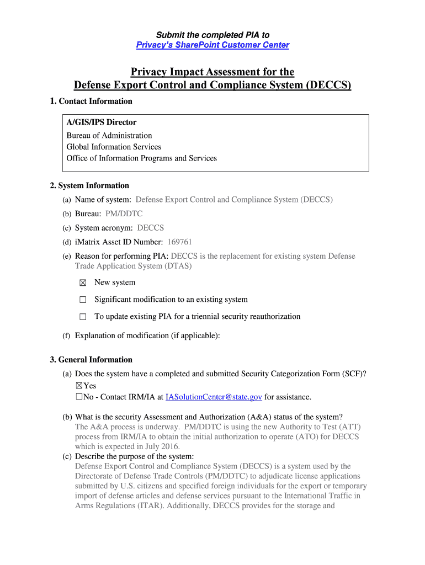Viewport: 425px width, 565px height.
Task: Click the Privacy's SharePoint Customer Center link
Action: pos(212,45)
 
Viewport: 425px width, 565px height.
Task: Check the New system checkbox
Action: pos(83,283)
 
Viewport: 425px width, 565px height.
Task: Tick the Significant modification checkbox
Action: pos(83,300)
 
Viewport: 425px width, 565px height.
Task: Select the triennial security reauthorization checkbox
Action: pos(83,317)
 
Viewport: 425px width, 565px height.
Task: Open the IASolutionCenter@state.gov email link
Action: pos(214,397)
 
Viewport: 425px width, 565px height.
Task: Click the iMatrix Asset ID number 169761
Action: pos(179,242)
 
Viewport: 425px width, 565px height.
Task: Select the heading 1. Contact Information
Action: pos(91,101)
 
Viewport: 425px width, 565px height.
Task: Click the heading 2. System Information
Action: pos(89,185)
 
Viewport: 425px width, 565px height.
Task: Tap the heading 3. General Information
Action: pos(91,360)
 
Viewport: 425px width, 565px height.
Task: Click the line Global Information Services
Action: pos(114,147)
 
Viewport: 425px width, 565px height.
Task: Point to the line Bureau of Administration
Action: pos(109,135)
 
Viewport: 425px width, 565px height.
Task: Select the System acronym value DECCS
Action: pos(150,228)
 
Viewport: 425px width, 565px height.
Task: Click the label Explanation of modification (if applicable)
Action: pos(147,335)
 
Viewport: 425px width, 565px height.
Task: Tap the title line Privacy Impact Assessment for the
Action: pos(212,72)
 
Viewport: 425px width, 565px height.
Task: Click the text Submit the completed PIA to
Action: pos(212,35)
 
